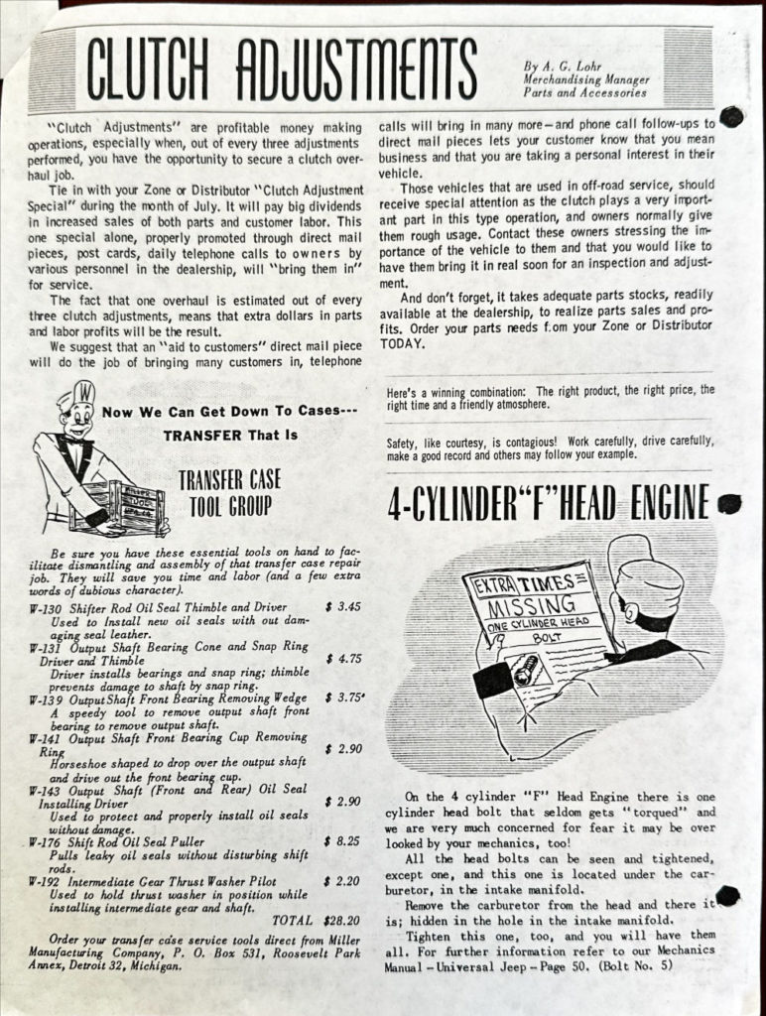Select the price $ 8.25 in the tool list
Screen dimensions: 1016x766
tap(341, 840)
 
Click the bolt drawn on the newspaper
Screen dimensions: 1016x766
tap(525, 676)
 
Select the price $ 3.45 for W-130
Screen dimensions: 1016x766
tap(341, 607)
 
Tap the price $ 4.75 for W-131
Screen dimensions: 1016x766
tap(341, 657)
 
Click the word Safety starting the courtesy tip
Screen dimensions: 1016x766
tap(404, 441)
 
